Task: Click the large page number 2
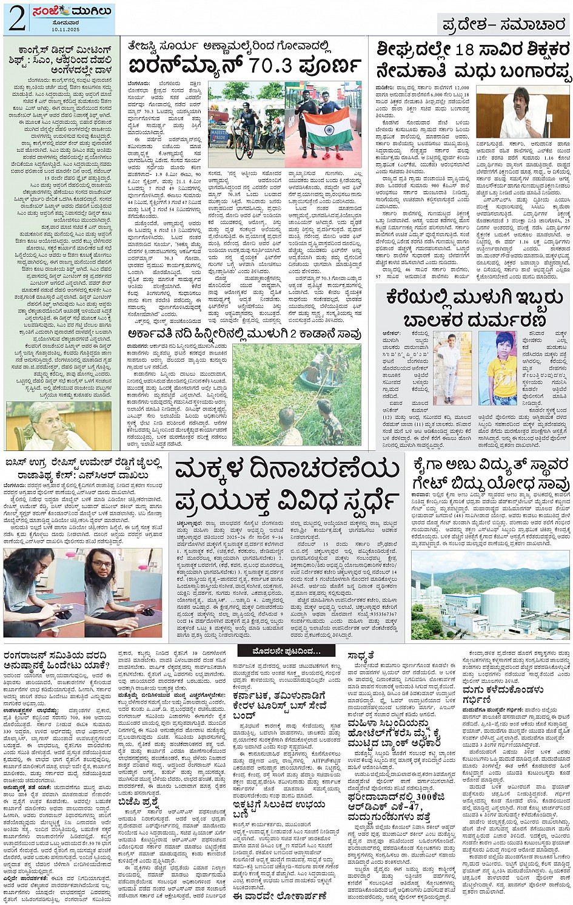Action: [x=16, y=18]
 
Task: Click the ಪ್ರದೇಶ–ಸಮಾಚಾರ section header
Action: [x=503, y=25]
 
